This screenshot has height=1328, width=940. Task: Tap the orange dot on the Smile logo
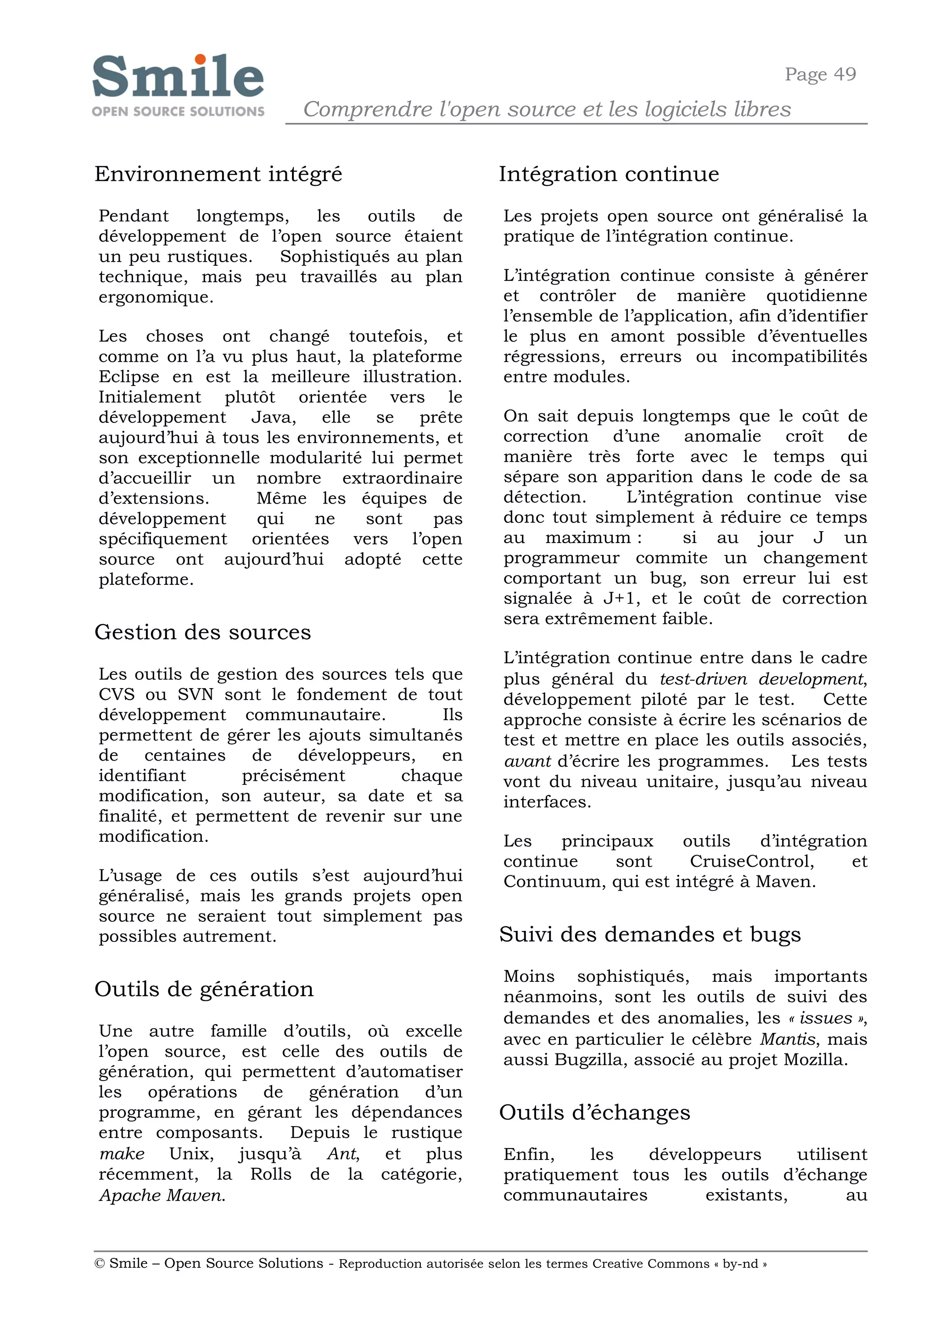click(200, 59)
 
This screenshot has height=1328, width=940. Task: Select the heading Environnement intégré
click(218, 174)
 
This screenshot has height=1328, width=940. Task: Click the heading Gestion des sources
click(202, 632)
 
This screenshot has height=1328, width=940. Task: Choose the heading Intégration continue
click(609, 174)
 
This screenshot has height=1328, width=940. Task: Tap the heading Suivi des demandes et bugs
click(649, 934)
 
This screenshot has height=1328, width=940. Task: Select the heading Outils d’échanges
click(594, 1112)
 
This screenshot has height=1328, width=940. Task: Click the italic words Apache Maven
click(162, 1195)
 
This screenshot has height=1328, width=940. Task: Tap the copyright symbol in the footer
click(100, 1263)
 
